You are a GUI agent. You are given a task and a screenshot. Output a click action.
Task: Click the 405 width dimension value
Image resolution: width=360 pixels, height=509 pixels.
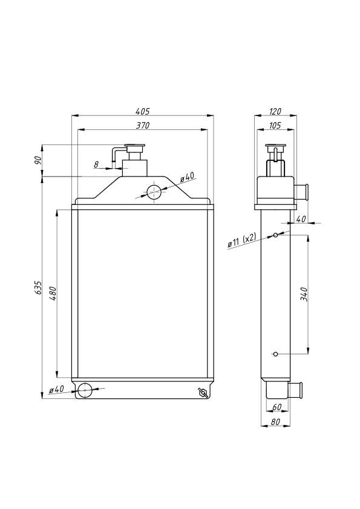tap(142, 111)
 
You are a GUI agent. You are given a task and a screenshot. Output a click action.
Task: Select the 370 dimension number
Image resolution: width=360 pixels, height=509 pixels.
tap(142, 126)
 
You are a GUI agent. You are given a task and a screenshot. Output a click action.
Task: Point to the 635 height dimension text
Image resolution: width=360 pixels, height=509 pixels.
tap(38, 288)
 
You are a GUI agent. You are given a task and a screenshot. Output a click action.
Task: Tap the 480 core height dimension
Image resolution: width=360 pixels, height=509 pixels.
tap(53, 293)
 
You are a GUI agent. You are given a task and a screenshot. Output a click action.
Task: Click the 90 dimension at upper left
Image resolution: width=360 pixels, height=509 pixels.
tap(38, 160)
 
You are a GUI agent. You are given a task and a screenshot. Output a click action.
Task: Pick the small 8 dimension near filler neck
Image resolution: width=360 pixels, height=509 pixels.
tap(96, 164)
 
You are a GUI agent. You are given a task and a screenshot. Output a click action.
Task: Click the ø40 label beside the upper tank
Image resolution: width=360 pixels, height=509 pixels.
tap(187, 177)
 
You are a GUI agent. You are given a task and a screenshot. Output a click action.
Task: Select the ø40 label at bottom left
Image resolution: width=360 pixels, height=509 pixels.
tap(56, 389)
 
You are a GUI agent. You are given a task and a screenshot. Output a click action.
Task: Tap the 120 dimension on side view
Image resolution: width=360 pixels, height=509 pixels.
tap(275, 111)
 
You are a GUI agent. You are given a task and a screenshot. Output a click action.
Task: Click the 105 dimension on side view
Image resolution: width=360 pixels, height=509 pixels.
tap(275, 126)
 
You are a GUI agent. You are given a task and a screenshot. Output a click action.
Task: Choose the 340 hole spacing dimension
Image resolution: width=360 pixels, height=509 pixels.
tap(304, 294)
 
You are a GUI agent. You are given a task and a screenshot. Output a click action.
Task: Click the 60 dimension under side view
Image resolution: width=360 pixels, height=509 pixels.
tap(277, 407)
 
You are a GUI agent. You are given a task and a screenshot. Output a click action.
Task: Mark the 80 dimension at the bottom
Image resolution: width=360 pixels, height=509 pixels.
tap(275, 422)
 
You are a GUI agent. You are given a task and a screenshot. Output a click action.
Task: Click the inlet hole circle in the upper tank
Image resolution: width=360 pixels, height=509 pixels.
tap(154, 192)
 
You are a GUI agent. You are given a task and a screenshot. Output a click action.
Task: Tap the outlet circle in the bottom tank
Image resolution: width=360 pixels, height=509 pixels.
tap(85, 390)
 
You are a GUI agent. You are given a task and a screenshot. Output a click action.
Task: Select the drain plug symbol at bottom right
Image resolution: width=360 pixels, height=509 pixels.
tap(203, 392)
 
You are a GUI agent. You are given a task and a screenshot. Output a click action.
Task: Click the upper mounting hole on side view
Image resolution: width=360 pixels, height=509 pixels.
tap(275, 235)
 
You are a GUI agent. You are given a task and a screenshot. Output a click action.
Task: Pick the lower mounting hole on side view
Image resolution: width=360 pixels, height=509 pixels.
tap(275, 354)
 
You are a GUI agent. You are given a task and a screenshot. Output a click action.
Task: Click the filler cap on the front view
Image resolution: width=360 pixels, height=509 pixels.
tap(135, 148)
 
